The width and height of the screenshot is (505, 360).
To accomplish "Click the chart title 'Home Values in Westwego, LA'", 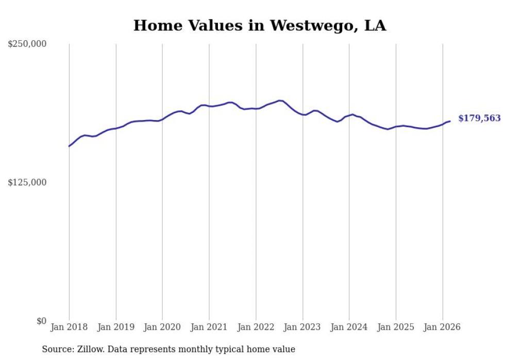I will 259,25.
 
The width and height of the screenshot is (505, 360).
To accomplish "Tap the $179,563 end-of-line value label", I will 479,118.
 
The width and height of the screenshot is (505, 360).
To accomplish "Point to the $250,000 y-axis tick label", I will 27,44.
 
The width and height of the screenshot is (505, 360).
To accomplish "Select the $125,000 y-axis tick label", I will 27,182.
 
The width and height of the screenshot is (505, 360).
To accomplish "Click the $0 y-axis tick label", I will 41,321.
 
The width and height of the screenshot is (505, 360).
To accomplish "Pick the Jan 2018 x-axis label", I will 69,327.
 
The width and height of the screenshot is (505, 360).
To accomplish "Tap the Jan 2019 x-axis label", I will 116,327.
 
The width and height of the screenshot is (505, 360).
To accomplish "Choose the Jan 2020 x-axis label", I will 162,327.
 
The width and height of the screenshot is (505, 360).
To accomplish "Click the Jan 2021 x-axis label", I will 209,327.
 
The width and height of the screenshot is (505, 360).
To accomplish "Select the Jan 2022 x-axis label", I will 256,327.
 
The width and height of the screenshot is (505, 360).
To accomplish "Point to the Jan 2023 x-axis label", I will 302,327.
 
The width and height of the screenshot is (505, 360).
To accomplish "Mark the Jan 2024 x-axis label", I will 349,327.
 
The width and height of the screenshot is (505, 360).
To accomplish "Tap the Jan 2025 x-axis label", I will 396,327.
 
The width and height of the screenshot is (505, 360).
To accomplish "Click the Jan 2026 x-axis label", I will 443,327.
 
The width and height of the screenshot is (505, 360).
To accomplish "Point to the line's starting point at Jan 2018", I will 69,146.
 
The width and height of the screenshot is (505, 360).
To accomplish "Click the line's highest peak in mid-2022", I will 280,100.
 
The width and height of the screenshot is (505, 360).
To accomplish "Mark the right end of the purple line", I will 450,121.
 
